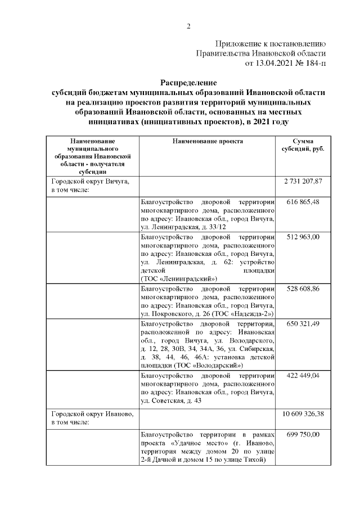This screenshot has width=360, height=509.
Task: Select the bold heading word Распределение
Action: click(188, 82)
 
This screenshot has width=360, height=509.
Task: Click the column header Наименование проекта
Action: click(208, 141)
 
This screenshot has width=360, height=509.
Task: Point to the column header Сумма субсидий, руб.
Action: click(302, 145)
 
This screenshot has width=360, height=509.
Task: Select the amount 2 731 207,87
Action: click(302, 182)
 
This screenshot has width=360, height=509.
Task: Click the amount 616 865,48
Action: click(302, 201)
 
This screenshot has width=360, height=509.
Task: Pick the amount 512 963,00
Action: click(302, 237)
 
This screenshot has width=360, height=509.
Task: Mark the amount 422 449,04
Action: click(302, 375)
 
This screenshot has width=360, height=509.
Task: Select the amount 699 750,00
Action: click(302, 434)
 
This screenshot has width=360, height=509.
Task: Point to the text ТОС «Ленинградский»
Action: click(178, 278)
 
